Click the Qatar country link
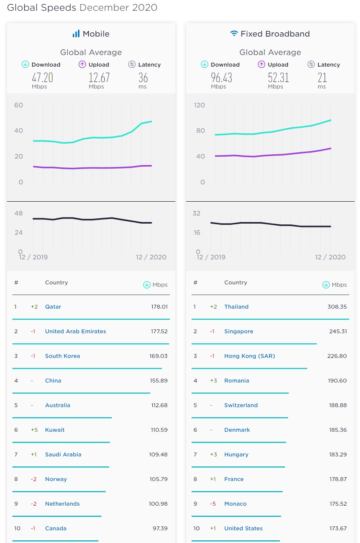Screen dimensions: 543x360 pos(53,307)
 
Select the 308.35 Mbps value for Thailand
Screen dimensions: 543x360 pos(337,307)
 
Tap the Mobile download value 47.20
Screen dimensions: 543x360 pos(42,78)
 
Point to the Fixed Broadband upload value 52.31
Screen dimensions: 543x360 pos(278,78)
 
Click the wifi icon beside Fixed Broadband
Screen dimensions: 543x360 pos(234,33)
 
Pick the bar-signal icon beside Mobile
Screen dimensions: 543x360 pos(76,34)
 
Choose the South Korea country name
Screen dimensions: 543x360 pos(62,356)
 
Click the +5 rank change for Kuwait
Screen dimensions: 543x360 pos(34,430)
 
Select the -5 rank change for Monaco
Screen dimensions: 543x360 pos(213,504)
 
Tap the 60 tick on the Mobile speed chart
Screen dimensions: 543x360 pos(18,105)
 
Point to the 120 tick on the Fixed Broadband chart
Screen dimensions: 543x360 pos(199,105)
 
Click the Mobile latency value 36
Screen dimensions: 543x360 pos(143,78)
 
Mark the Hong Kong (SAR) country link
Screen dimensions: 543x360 pos(250,356)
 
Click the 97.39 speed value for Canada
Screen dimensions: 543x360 pos(160,528)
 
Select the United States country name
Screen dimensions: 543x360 pos(243,528)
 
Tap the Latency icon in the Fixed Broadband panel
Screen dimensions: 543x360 pos(311,64)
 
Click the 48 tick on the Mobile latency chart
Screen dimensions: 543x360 pos(18,213)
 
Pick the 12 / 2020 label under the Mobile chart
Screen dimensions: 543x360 pos(151,257)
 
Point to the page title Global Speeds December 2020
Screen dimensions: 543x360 pos(82,8)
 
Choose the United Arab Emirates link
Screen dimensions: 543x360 pos(75,331)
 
